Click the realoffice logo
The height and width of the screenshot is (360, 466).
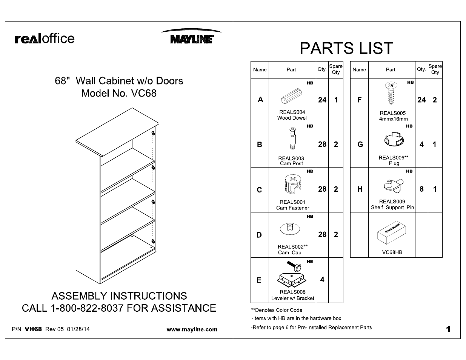45,38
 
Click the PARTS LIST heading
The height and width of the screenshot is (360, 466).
346,48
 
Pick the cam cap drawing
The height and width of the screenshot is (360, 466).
290,229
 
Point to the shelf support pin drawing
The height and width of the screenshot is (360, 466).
393,185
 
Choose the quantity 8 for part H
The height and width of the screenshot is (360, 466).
421,189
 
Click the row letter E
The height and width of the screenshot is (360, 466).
259,280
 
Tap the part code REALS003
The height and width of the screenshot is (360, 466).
291,158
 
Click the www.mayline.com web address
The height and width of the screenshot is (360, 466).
192,329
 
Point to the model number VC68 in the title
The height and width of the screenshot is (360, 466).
143,93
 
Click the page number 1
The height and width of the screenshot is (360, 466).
448,329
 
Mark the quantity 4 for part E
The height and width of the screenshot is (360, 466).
322,280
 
